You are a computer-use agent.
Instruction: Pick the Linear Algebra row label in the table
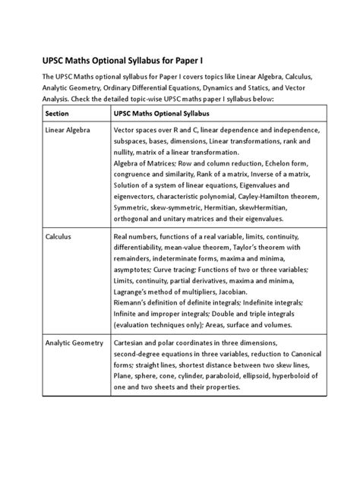69,131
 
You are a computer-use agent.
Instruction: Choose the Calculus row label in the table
58,237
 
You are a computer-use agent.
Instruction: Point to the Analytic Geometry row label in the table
74,343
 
